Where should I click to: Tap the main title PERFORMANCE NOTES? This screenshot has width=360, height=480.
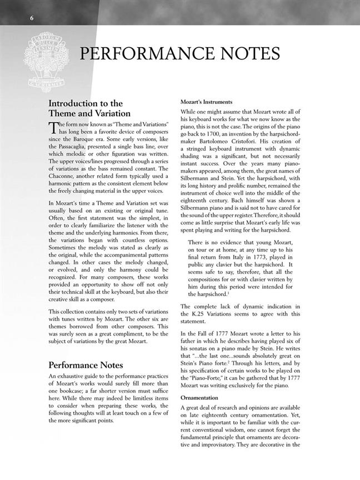[x=179, y=54]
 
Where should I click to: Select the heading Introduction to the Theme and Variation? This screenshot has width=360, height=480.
[x=90, y=108]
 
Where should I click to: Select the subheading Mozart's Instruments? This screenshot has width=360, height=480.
[x=206, y=102]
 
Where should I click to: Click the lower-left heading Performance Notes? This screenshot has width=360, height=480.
[x=82, y=365]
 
